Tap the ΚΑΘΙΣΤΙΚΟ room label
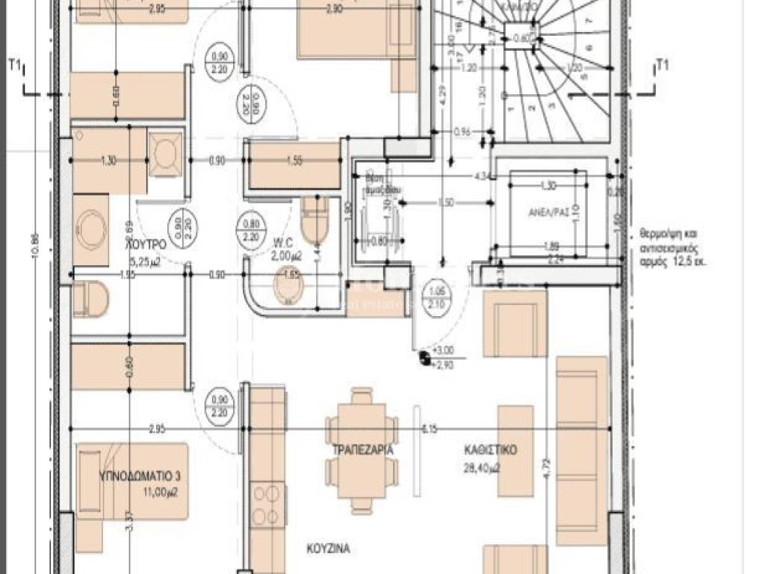point(490,451)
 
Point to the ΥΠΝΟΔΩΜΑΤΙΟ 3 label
point(131,476)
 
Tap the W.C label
point(282,241)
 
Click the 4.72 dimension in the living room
point(546,468)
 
